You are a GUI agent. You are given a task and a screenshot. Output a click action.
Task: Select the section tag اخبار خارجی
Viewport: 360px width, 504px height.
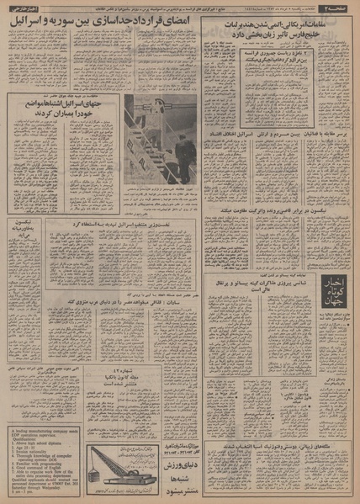(21, 7)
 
